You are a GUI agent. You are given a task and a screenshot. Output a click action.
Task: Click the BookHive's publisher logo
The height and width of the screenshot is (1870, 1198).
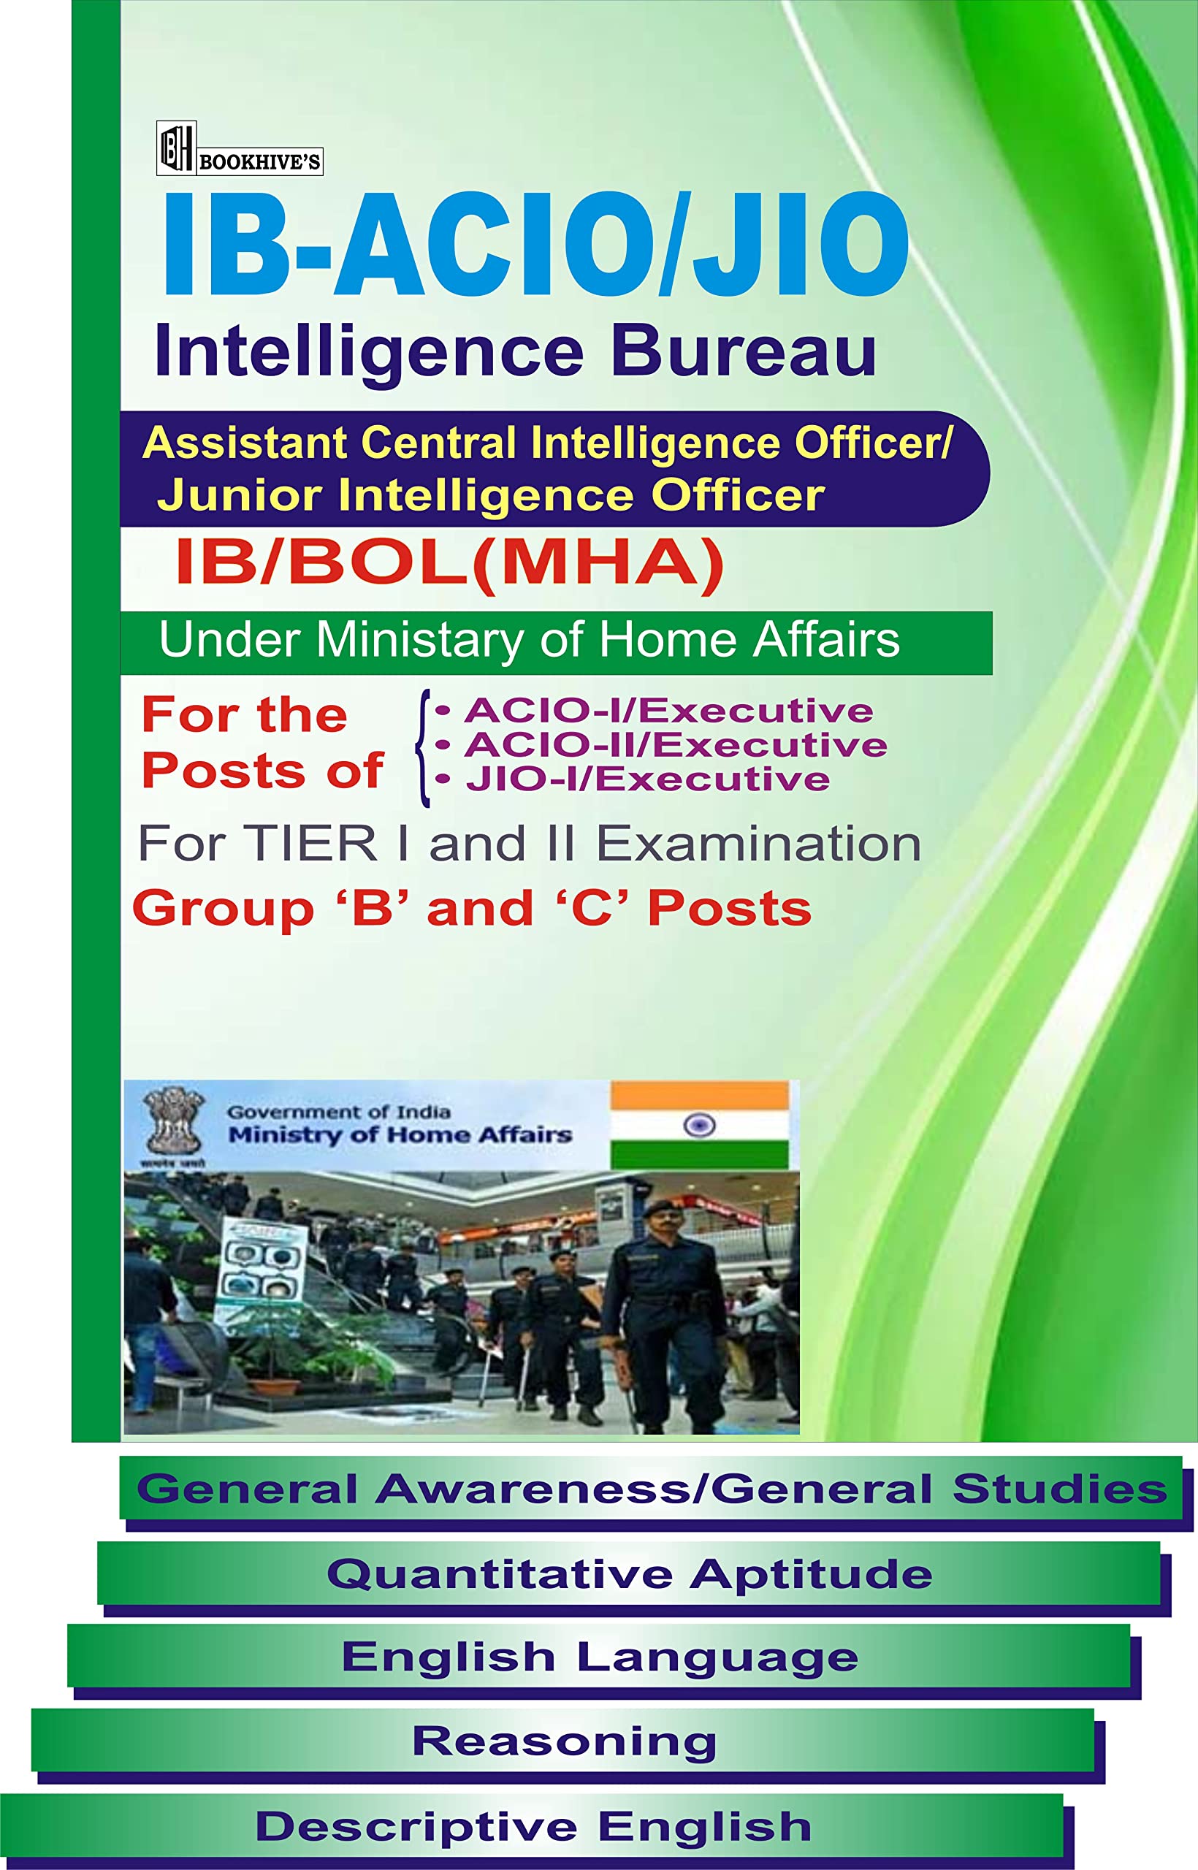[239, 149]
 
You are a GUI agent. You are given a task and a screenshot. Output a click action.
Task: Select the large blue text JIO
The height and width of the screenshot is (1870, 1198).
[800, 243]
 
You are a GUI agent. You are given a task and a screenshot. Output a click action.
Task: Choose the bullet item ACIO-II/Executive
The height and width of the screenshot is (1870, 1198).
[674, 745]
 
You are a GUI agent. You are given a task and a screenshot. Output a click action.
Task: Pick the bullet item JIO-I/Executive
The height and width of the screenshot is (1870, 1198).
[646, 779]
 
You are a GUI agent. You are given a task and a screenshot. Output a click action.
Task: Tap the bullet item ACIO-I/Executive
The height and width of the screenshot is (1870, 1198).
[668, 711]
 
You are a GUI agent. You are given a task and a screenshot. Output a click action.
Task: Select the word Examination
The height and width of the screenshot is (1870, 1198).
[758, 844]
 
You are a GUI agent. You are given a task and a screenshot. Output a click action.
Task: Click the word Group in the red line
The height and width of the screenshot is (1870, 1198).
[224, 909]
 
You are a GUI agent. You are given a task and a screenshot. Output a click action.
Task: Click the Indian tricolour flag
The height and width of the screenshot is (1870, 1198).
[698, 1124]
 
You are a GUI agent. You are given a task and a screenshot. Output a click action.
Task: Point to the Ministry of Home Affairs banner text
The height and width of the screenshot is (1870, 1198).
[400, 1135]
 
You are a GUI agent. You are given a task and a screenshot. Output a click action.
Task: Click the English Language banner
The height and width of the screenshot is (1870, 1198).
[599, 1656]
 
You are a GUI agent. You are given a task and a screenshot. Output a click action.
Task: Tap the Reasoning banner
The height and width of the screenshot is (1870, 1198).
[563, 1740]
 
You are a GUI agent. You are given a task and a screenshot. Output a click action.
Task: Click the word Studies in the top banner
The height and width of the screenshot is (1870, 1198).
[1058, 1489]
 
